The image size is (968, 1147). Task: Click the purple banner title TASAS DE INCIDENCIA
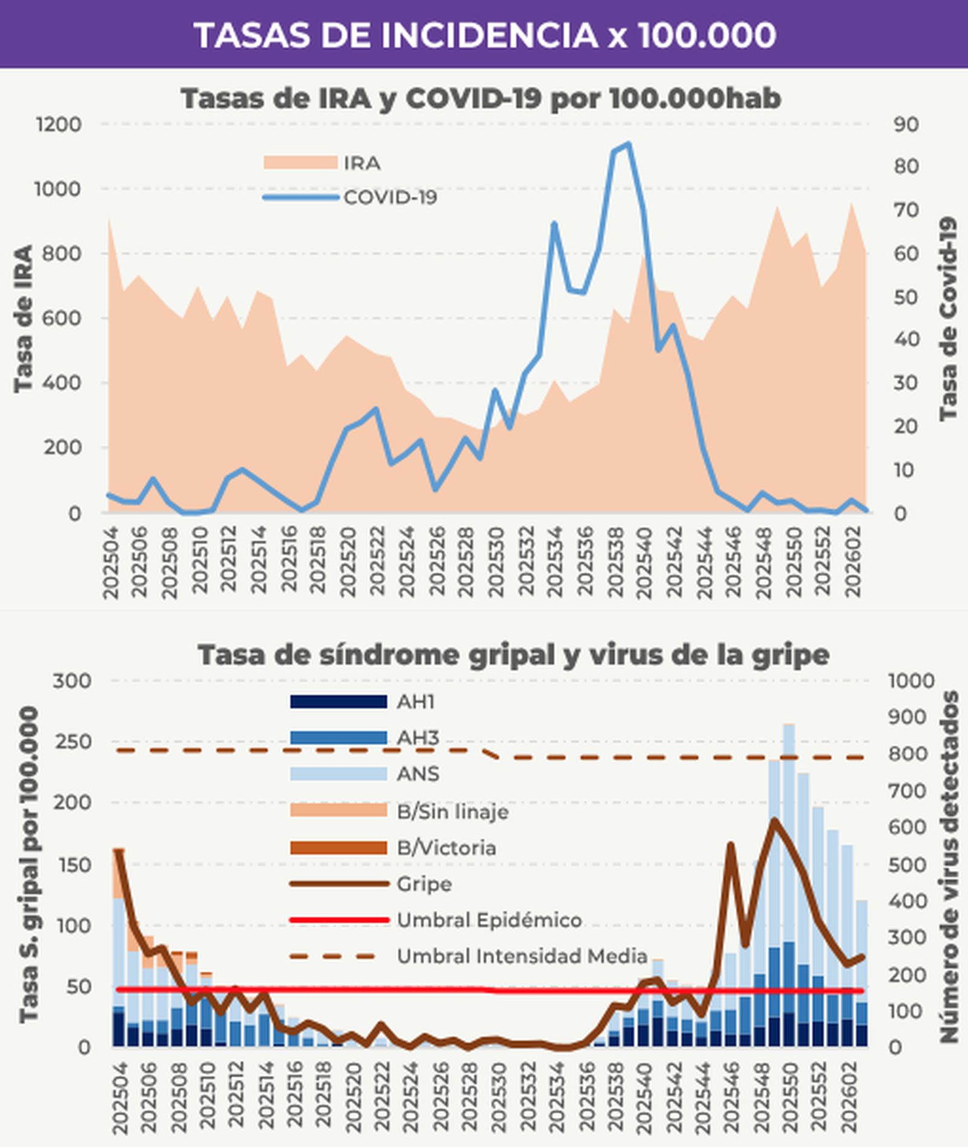(x=484, y=35)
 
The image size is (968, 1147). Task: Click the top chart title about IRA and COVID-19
(x=481, y=99)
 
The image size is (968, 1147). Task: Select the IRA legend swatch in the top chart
(x=300, y=163)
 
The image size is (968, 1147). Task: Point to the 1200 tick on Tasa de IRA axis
(x=59, y=125)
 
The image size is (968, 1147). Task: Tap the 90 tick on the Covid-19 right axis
(x=906, y=125)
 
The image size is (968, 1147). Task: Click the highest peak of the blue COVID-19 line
(x=628, y=144)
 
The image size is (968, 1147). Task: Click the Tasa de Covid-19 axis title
(x=948, y=319)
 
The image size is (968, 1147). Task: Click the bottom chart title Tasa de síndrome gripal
(x=513, y=655)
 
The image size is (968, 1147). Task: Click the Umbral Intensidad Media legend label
(x=522, y=956)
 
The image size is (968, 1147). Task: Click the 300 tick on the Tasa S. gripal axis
(x=71, y=681)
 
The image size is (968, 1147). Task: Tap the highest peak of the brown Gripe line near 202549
(x=774, y=820)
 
